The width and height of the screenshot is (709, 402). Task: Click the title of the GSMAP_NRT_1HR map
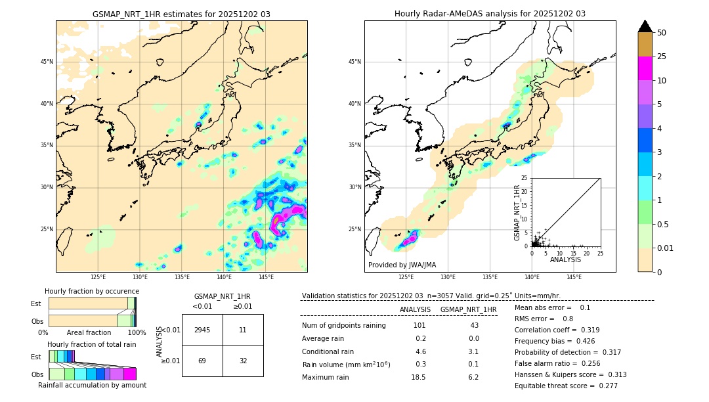(x=181, y=14)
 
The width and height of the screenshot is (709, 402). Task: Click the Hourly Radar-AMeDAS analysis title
(x=490, y=14)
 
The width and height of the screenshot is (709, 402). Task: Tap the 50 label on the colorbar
(x=662, y=33)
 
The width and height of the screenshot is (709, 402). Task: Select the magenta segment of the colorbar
(x=645, y=68)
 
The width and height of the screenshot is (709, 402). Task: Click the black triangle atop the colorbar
(x=645, y=26)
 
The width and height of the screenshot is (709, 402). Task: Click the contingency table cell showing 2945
(x=202, y=330)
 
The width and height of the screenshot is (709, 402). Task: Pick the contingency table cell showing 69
(x=202, y=361)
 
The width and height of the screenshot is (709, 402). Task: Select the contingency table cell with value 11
(x=243, y=330)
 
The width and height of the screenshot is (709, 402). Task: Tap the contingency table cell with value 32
(x=243, y=361)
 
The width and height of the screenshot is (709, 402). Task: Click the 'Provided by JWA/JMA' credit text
(x=402, y=265)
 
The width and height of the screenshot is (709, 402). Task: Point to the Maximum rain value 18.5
(x=418, y=377)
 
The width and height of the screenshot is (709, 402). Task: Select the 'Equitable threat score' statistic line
(x=566, y=386)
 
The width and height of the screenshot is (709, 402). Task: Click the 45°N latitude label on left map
(x=47, y=62)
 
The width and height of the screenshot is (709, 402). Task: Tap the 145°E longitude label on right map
(x=574, y=277)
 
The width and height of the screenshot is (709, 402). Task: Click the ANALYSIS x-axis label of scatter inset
(x=565, y=259)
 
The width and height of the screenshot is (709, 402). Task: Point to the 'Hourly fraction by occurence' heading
(x=92, y=291)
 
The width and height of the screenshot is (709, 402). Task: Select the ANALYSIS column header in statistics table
(x=415, y=309)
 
